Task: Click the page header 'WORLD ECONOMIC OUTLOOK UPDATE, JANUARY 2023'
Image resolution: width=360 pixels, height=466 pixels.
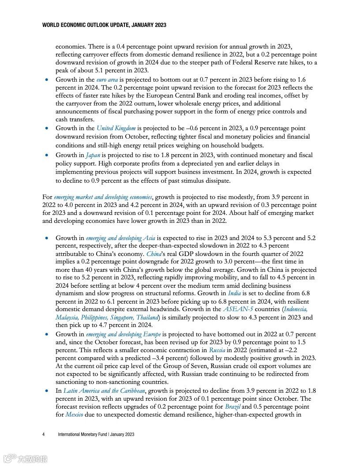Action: click(x=104, y=25)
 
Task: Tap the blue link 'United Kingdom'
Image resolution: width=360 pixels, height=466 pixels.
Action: click(x=116, y=128)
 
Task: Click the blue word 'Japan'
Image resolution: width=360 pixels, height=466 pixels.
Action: click(x=93, y=155)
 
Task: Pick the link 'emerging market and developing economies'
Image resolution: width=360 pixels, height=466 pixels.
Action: click(x=103, y=197)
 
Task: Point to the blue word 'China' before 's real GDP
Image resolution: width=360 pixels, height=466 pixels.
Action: click(x=154, y=254)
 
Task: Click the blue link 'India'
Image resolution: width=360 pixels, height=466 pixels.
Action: click(x=234, y=293)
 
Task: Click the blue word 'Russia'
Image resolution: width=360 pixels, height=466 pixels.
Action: click(x=217, y=350)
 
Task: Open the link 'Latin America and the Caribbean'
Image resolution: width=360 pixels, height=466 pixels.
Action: click(x=105, y=391)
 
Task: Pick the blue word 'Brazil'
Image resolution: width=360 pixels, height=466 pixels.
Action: click(x=232, y=407)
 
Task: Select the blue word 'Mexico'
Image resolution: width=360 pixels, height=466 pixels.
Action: click(x=74, y=415)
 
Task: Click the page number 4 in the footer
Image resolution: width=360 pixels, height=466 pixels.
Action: click(x=44, y=435)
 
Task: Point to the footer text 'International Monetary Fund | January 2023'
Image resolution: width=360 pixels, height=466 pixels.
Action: click(x=96, y=435)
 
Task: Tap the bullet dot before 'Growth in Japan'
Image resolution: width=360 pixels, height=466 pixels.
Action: click(x=47, y=155)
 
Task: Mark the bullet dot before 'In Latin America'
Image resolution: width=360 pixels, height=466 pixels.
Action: click(x=47, y=391)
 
